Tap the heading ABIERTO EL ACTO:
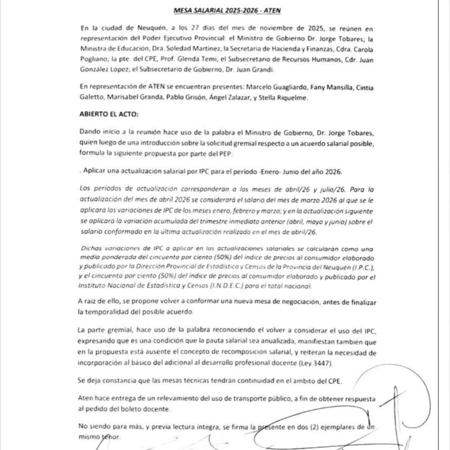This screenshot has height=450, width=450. (x=109, y=114)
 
